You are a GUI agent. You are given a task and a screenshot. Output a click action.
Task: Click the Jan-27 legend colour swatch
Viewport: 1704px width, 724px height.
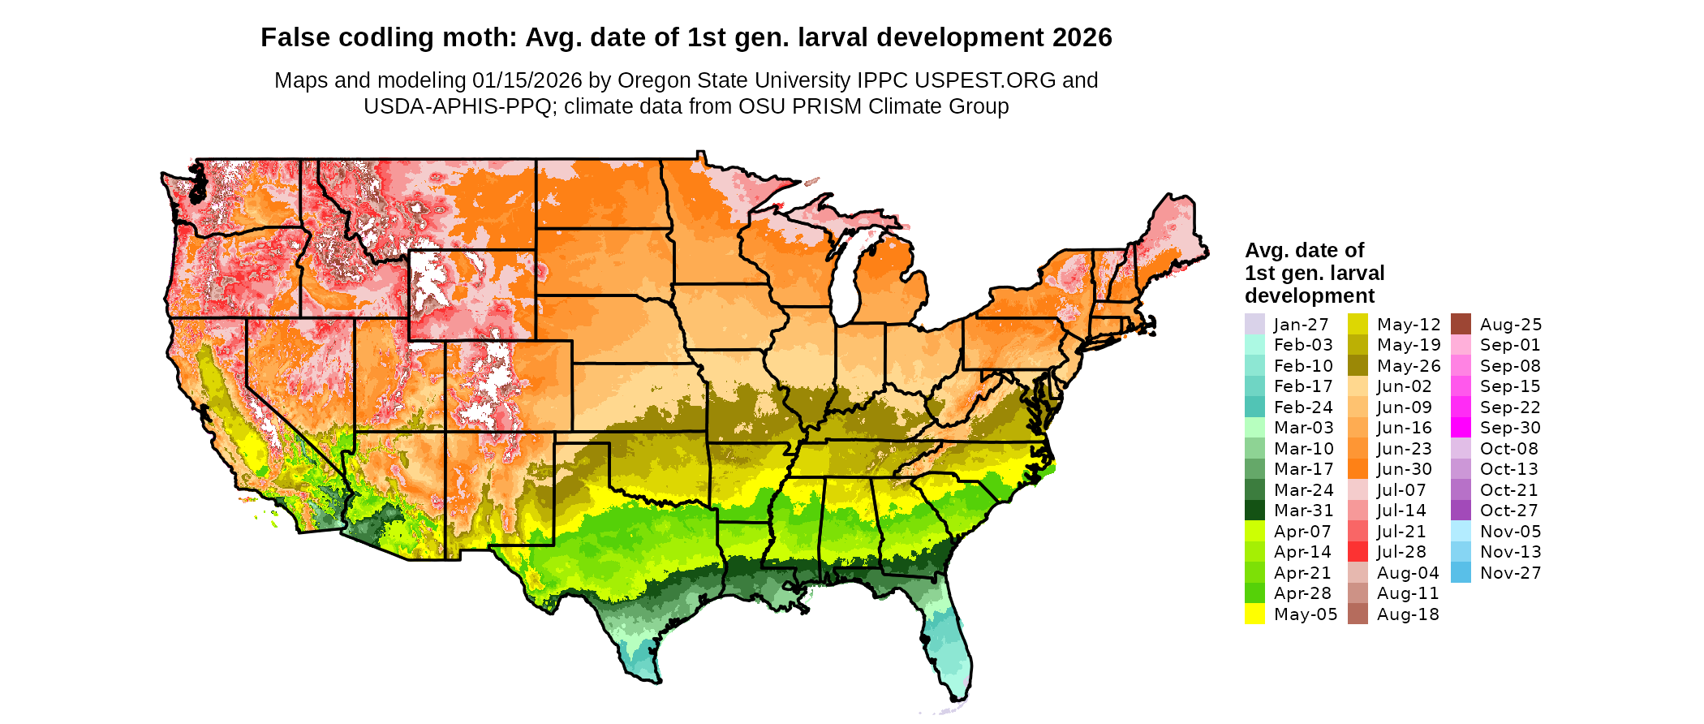pyautogui.click(x=1254, y=324)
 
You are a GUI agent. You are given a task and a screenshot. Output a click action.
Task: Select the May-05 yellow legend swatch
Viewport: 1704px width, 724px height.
pyautogui.click(x=1254, y=614)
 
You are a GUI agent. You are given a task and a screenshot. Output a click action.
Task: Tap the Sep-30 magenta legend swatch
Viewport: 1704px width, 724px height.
pyautogui.click(x=1461, y=428)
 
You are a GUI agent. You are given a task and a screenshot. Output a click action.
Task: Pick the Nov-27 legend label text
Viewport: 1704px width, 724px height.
pyautogui.click(x=1510, y=573)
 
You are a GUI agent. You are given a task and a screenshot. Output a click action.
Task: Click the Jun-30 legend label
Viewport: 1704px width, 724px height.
pyautogui.click(x=1405, y=469)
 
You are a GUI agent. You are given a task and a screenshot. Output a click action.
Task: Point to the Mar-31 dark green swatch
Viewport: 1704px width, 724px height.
pyautogui.click(x=1254, y=511)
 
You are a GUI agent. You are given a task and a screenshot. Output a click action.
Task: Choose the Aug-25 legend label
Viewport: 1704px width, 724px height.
pyautogui.click(x=1511, y=325)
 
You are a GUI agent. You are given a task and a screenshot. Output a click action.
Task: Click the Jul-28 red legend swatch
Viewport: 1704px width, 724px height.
pyautogui.click(x=1358, y=552)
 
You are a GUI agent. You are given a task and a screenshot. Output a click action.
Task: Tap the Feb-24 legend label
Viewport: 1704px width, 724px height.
pyautogui.click(x=1303, y=407)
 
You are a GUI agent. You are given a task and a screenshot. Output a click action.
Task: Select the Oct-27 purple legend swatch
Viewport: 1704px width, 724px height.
pyautogui.click(x=1461, y=511)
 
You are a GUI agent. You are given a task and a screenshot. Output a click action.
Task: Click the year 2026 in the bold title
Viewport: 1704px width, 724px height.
pyautogui.click(x=1082, y=37)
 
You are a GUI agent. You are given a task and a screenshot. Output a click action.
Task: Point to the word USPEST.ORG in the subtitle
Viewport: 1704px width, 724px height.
pyautogui.click(x=985, y=80)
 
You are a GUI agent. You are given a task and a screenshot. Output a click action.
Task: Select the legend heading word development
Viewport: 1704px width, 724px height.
pyautogui.click(x=1310, y=295)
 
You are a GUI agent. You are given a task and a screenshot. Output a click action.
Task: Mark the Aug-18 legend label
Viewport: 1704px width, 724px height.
pyautogui.click(x=1408, y=614)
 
